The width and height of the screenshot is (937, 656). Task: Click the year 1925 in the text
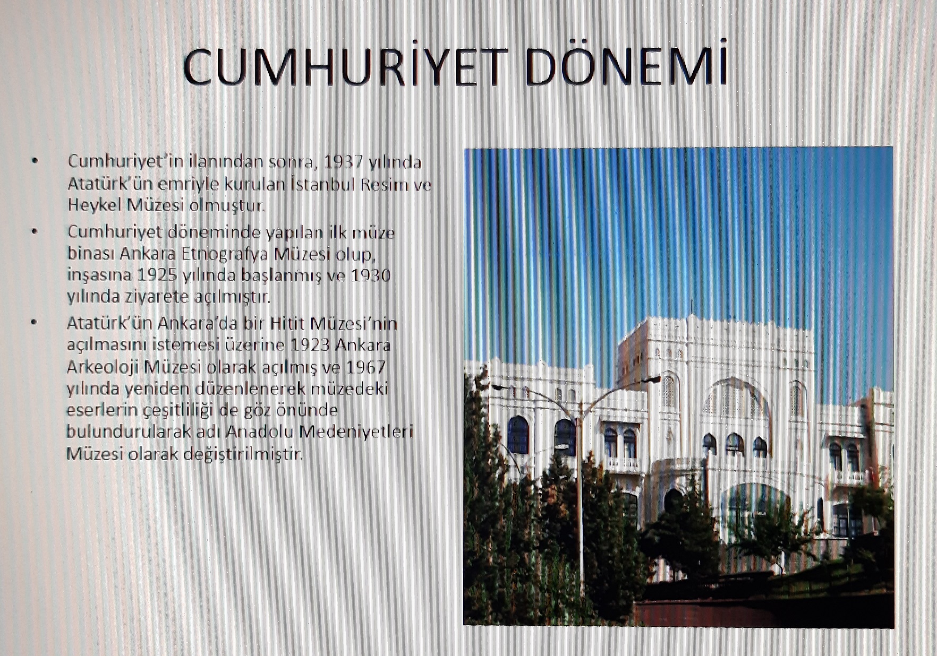(x=157, y=275)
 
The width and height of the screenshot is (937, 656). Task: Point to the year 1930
(x=371, y=275)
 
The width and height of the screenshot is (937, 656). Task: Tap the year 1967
(x=366, y=367)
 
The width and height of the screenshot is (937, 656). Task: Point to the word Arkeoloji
(x=103, y=367)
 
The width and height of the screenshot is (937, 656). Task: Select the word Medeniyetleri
(x=356, y=431)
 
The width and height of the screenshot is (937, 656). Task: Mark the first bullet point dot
(x=35, y=160)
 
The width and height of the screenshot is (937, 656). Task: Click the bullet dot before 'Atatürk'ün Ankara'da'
(x=34, y=322)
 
